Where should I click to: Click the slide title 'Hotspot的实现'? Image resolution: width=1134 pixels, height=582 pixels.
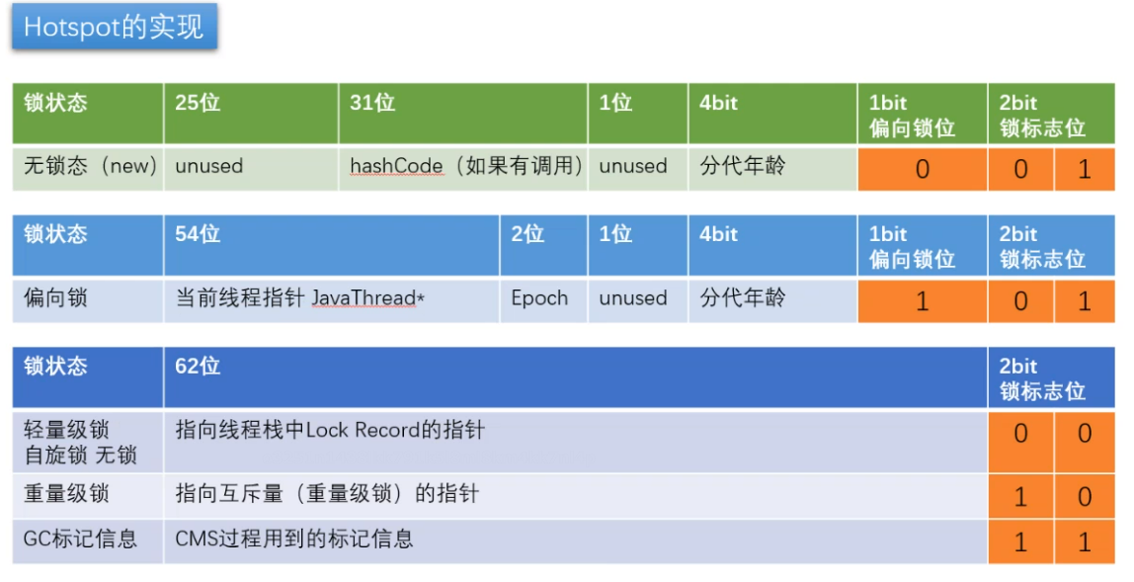pyautogui.click(x=114, y=27)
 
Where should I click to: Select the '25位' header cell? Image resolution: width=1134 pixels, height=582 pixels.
pyautogui.click(x=198, y=103)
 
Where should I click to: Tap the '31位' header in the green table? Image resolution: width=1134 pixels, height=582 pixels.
pyautogui.click(x=372, y=103)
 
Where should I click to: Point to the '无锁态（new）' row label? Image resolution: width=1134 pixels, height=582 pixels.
pyautogui.click(x=90, y=166)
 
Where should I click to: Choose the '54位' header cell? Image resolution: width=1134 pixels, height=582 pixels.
pyautogui.click(x=198, y=234)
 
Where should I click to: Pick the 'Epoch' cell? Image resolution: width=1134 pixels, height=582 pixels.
pyautogui.click(x=539, y=298)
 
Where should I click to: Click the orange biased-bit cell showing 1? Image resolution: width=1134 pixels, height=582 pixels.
pyautogui.click(x=922, y=300)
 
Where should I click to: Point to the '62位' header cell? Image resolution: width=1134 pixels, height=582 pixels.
pyautogui.click(x=198, y=367)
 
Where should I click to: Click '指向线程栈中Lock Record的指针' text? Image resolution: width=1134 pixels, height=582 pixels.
pyautogui.click(x=330, y=431)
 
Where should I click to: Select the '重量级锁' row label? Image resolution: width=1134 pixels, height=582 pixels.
pyautogui.click(x=66, y=494)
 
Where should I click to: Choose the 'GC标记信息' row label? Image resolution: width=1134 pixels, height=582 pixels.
pyautogui.click(x=80, y=540)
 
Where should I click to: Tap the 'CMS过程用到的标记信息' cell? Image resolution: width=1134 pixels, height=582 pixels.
pyautogui.click(x=294, y=540)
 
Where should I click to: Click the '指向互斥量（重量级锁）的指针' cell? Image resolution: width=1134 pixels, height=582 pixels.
pyautogui.click(x=327, y=494)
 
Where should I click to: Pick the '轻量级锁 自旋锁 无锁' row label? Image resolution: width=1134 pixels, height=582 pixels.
pyautogui.click(x=80, y=443)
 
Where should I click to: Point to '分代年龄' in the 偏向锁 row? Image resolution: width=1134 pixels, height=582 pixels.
pyautogui.click(x=743, y=298)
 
